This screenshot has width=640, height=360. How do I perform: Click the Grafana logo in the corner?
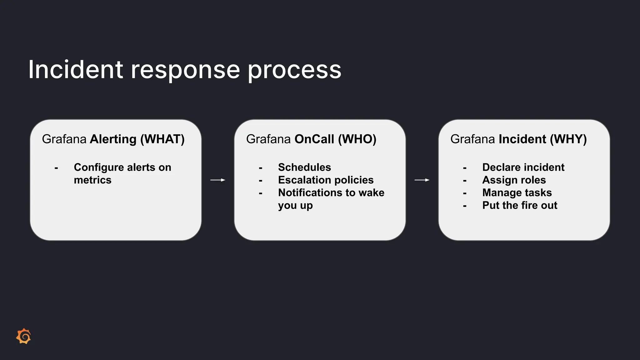pyautogui.click(x=24, y=336)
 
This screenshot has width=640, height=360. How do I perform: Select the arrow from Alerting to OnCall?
pyautogui.click(x=218, y=180)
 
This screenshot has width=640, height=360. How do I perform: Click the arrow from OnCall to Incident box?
pyautogui.click(x=422, y=180)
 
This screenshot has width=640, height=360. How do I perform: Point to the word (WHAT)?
pyautogui.click(x=162, y=139)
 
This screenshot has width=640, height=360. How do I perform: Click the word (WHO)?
pyautogui.click(x=357, y=139)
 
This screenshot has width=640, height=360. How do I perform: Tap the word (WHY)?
pyautogui.click(x=568, y=139)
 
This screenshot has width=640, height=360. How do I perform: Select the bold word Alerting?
pyautogui.click(x=113, y=139)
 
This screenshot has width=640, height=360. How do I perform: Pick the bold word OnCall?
pyautogui.click(x=314, y=139)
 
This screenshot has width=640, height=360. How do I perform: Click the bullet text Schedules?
pyautogui.click(x=304, y=167)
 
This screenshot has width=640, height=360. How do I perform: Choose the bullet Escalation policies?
pyautogui.click(x=326, y=180)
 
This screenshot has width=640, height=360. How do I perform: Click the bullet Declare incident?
pyautogui.click(x=523, y=167)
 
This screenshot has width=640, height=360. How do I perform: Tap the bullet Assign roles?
pyautogui.click(x=514, y=180)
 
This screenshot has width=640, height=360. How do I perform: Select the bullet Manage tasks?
pyautogui.click(x=517, y=192)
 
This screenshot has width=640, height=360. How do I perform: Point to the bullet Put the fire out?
pyautogui.click(x=519, y=205)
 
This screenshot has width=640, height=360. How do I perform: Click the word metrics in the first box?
pyautogui.click(x=92, y=180)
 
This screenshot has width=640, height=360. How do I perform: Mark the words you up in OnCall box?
pyautogui.click(x=295, y=206)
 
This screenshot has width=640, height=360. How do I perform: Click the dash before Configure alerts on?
pyautogui.click(x=56, y=168)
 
